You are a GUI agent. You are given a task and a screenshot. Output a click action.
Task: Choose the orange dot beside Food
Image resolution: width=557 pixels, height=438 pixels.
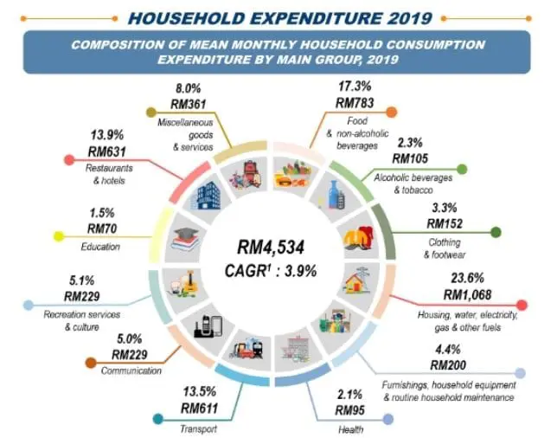click(392, 112)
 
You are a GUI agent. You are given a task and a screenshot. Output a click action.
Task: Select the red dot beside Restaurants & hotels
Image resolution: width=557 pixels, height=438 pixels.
click(67, 160)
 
